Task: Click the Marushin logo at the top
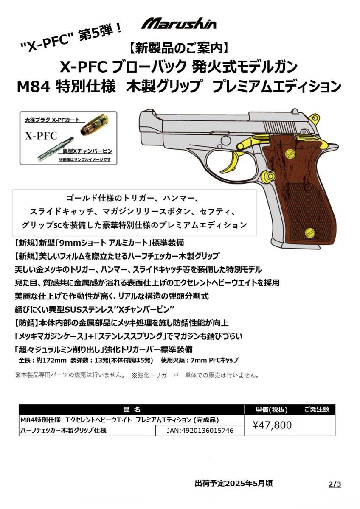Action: click(179, 23)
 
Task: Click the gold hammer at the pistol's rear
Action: click(314, 115)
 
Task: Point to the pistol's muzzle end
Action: click(141, 127)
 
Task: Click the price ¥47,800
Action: click(272, 425)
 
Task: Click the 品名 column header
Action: click(132, 410)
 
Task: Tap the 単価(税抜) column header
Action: click(272, 410)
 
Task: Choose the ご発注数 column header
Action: click(317, 410)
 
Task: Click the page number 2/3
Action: click(335, 484)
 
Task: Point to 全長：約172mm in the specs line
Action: click(42, 361)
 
